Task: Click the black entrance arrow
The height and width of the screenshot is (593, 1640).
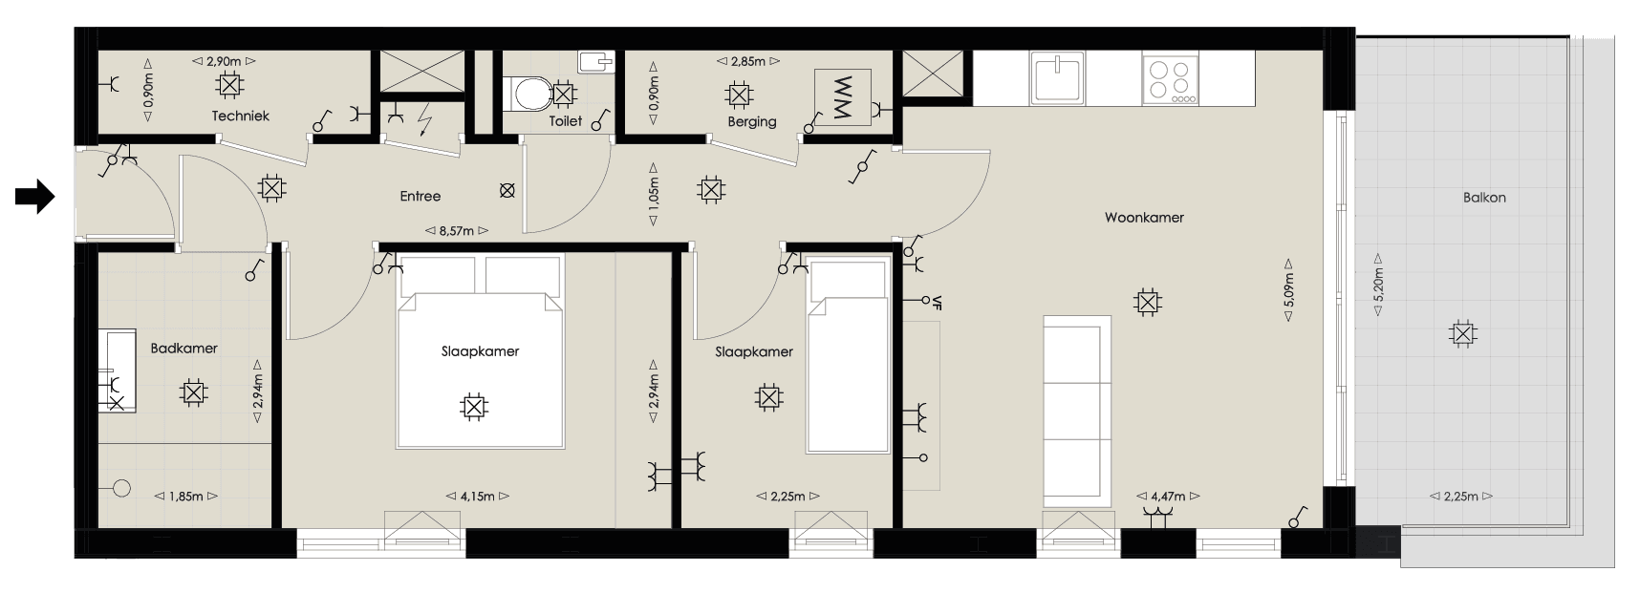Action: [x=34, y=197]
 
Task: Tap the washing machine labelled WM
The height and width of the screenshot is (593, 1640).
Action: [x=842, y=97]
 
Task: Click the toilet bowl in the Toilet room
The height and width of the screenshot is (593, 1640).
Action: [x=529, y=94]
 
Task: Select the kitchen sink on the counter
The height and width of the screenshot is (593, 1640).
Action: [x=1057, y=78]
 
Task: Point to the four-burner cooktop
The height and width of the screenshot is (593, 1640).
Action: [x=1171, y=79]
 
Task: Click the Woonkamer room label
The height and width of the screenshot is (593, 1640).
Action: [x=1144, y=218]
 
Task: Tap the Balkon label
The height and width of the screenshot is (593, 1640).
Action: [x=1484, y=198]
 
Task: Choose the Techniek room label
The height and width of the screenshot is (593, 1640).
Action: [x=241, y=116]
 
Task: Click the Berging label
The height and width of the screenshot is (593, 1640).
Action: [x=752, y=121]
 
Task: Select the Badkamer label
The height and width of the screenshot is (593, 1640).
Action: [x=184, y=349]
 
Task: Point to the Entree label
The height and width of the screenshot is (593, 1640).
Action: [x=421, y=196]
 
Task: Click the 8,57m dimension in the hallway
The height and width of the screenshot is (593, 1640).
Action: [x=457, y=230]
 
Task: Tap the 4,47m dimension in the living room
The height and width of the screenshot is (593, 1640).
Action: [x=1167, y=497]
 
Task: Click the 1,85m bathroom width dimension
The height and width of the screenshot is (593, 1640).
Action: [x=186, y=497]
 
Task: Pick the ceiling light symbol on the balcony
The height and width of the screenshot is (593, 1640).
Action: [x=1461, y=334]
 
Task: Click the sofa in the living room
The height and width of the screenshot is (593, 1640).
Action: [x=1077, y=409]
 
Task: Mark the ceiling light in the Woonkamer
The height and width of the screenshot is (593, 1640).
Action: [x=1146, y=304]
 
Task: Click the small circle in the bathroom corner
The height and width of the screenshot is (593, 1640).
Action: [x=121, y=488]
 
